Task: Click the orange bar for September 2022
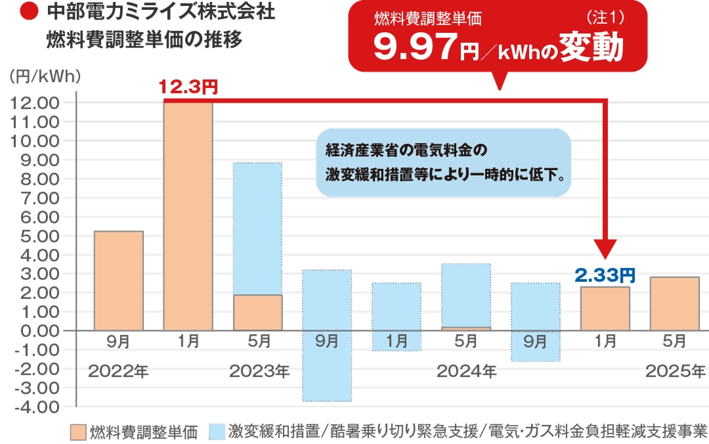tap(118, 281)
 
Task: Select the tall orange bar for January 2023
tap(188, 217)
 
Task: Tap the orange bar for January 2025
tap(605, 309)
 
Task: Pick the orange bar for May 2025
tap(674, 304)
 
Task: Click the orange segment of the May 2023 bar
tap(257, 313)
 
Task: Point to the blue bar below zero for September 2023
tap(327, 366)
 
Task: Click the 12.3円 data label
tap(188, 87)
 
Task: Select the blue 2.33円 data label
tap(605, 275)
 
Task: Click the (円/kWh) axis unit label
tap(45, 77)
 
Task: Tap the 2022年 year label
tap(118, 371)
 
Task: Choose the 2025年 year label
tap(675, 371)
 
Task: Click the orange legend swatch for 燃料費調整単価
tap(77, 432)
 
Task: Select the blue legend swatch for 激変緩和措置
tap(217, 432)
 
